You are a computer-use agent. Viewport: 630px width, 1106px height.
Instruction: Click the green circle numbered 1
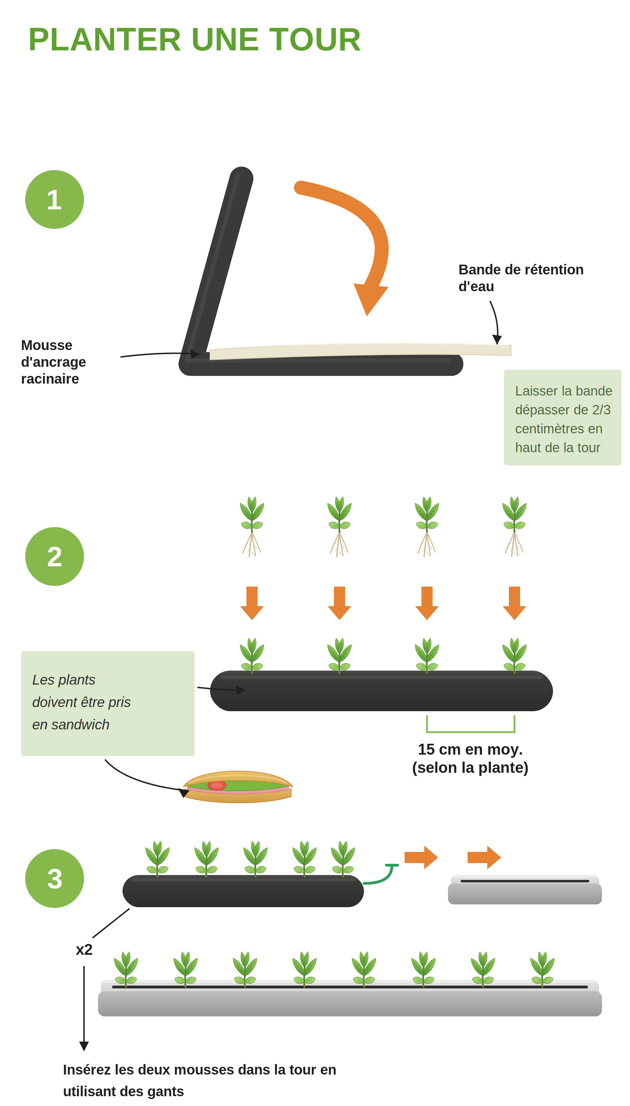[55, 199]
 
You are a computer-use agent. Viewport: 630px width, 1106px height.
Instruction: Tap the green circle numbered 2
[55, 556]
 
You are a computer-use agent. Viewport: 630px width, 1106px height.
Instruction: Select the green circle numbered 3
[55, 878]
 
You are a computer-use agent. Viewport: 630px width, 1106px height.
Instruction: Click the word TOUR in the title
[315, 40]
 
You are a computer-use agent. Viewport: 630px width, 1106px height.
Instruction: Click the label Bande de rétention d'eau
[521, 278]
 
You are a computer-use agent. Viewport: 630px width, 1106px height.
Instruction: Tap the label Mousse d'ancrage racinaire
[54, 362]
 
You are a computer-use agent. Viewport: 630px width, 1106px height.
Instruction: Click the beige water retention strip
[360, 350]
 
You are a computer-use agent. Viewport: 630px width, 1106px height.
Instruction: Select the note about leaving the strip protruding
[562, 418]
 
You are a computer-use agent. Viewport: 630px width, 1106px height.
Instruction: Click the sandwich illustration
[238, 787]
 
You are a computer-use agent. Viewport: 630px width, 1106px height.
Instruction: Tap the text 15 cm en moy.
[470, 749]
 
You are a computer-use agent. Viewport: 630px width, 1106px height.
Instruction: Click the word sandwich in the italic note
[80, 725]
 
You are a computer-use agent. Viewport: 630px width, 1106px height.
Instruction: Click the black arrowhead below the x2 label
[84, 1046]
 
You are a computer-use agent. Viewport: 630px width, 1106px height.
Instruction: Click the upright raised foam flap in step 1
[217, 262]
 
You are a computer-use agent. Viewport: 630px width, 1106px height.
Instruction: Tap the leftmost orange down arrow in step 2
[252, 603]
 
